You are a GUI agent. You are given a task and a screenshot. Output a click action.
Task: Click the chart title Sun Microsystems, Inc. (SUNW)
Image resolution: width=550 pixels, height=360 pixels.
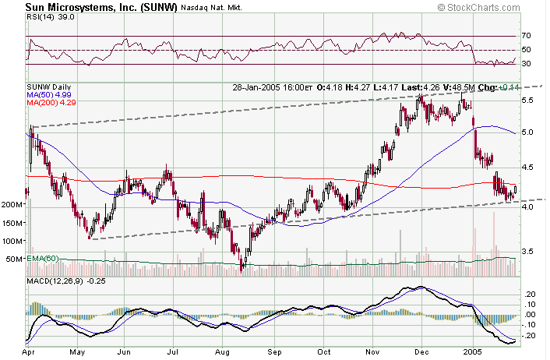click(x=90, y=8)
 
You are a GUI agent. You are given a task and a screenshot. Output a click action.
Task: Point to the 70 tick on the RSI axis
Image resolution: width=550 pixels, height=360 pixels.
click(x=527, y=36)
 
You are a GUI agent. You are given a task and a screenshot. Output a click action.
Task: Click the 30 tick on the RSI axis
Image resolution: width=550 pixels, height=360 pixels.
click(x=527, y=64)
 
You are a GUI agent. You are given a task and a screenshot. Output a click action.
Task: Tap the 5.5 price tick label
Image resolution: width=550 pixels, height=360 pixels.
click(x=527, y=101)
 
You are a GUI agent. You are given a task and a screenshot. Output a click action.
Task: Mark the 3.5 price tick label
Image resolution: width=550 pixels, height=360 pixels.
click(x=527, y=251)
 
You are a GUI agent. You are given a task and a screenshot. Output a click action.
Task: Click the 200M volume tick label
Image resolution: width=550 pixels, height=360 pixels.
click(x=13, y=205)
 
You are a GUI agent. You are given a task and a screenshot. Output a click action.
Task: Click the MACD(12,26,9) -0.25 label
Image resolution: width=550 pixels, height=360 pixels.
click(x=64, y=280)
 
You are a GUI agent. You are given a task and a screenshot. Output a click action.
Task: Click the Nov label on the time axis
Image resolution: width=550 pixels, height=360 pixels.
click(x=373, y=353)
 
